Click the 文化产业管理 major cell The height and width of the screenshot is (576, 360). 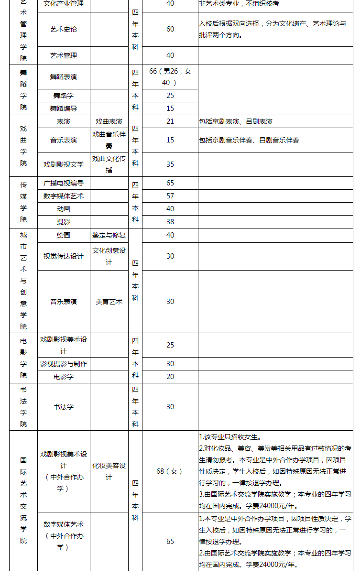[x=64, y=4]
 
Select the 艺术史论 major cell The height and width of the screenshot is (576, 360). [x=64, y=29]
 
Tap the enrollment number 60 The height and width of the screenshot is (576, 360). [x=170, y=29]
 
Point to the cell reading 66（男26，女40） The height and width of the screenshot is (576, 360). [x=170, y=77]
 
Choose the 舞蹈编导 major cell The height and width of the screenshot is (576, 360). [x=64, y=109]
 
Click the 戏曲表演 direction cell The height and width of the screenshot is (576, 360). [x=109, y=121]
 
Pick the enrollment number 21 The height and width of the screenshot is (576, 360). [x=170, y=121]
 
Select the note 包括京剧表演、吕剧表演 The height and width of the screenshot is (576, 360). [x=236, y=121]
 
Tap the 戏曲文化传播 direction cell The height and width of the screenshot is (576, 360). [x=109, y=164]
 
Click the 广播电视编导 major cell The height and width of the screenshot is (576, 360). [x=64, y=183]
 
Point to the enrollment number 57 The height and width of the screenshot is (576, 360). [x=170, y=196]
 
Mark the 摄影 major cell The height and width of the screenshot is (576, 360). [x=64, y=222]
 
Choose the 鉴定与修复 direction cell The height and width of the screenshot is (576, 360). [x=109, y=235]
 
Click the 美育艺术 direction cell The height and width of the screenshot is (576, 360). [x=109, y=302]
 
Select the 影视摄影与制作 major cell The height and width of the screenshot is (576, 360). [x=64, y=364]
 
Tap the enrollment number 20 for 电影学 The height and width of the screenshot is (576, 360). [x=170, y=377]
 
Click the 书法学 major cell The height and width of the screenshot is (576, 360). [x=64, y=407]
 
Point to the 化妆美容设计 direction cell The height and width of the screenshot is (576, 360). [x=109, y=471]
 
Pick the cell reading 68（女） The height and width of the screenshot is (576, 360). [x=170, y=471]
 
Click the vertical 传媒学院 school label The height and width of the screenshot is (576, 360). [x=23, y=202]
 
